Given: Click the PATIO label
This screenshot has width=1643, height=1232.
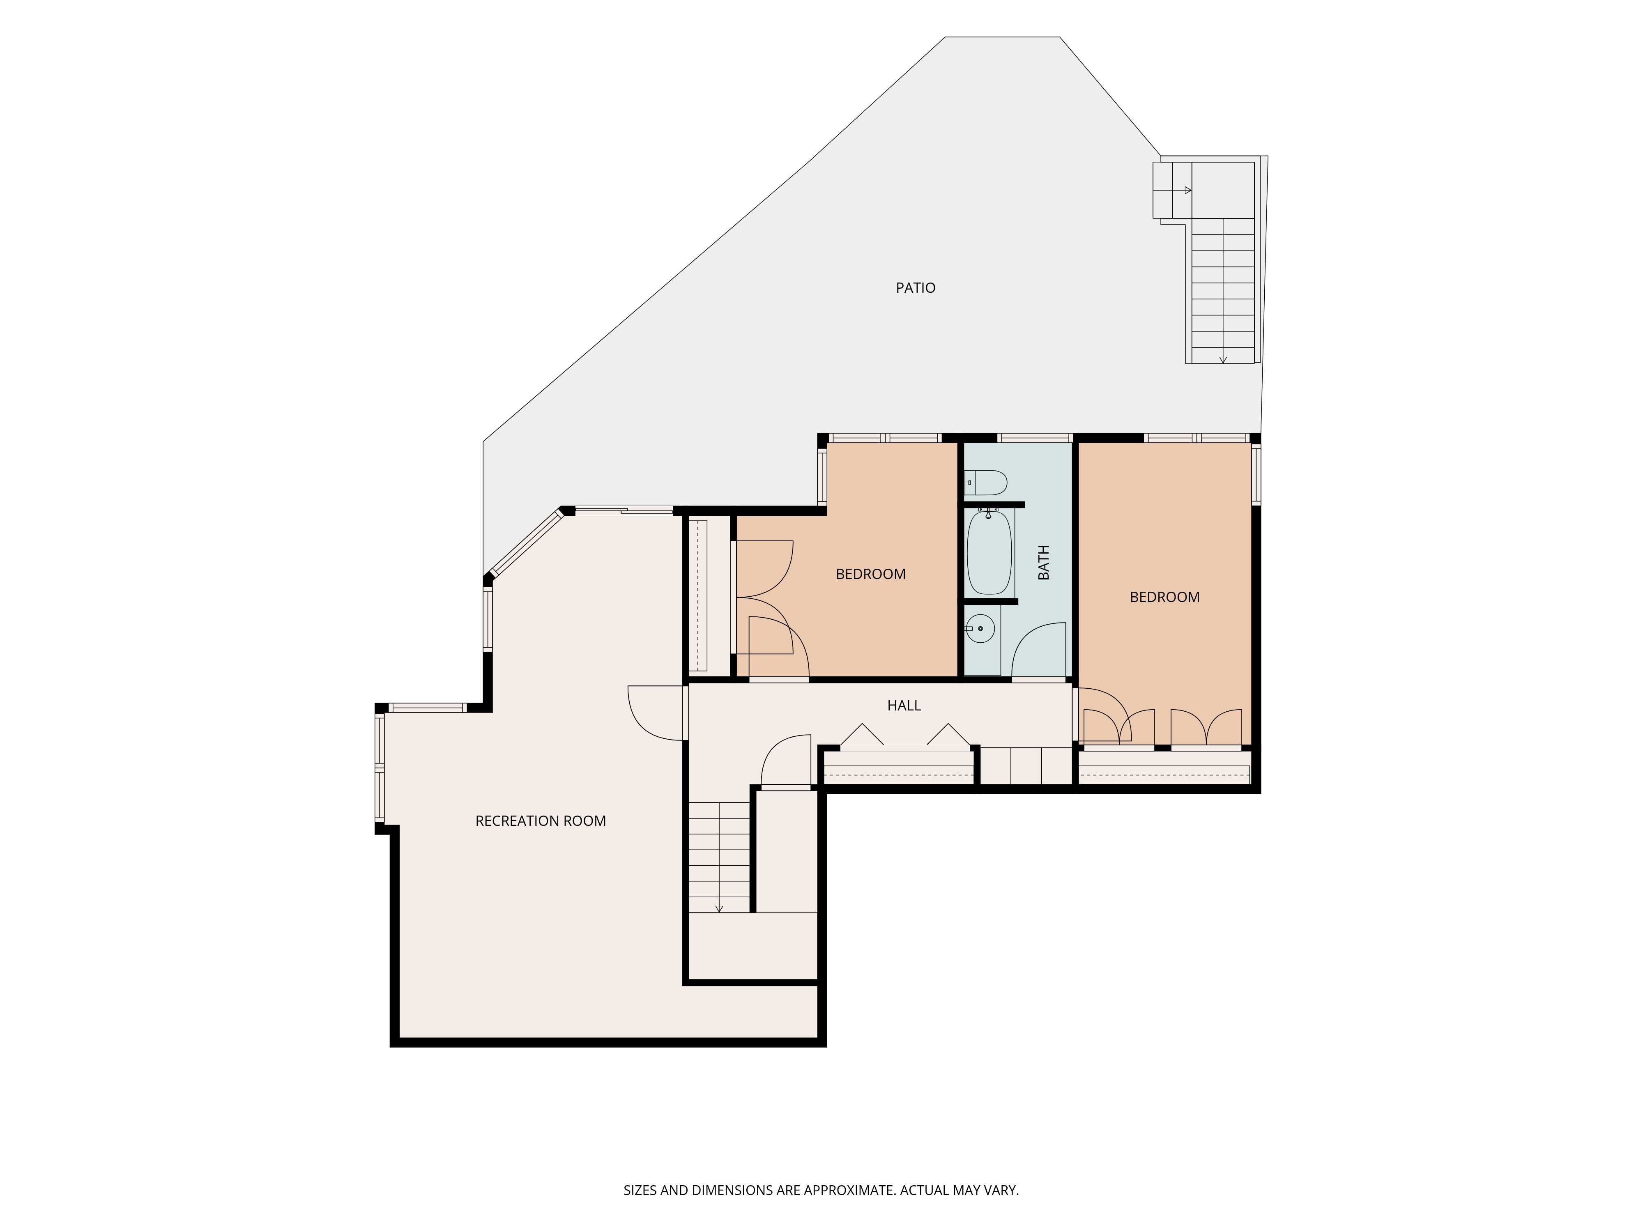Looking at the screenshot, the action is [915, 288].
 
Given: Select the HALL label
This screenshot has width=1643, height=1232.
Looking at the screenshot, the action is [904, 706].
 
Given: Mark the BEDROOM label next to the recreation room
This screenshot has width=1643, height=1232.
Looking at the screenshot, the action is [870, 574].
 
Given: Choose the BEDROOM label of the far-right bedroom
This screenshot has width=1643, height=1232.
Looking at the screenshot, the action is [1164, 597].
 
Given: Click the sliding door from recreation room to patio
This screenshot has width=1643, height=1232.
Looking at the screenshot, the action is [624, 510].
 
